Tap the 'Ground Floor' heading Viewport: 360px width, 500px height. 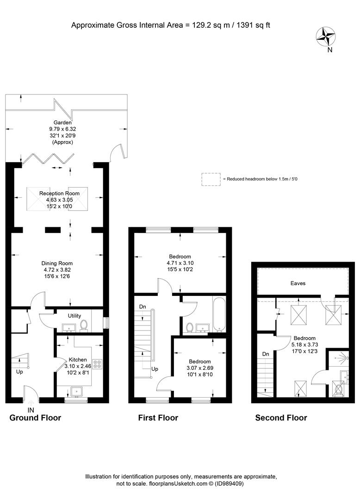tap(35, 418)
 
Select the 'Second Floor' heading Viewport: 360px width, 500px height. tap(281, 418)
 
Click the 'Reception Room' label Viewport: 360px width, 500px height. tap(59, 193)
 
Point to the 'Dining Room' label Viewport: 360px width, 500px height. tap(57, 263)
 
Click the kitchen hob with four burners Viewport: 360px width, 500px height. tap(97, 364)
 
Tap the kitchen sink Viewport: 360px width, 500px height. tap(76, 391)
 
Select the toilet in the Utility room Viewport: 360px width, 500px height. tap(84, 325)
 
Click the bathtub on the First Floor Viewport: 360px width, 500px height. tap(219, 314)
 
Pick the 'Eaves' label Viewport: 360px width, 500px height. tap(298, 283)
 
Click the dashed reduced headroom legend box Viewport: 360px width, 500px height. tap(211, 179)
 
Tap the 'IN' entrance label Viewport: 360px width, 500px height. tap(31, 410)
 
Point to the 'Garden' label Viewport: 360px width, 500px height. tap(62, 122)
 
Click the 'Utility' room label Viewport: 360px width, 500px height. tap(74, 316)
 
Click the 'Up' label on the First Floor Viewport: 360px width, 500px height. tap(155, 369)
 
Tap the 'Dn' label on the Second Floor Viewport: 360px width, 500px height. tap(266, 354)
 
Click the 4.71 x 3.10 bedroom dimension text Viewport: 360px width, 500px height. tap(180, 263)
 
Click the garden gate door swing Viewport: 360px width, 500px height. tap(115, 150)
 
